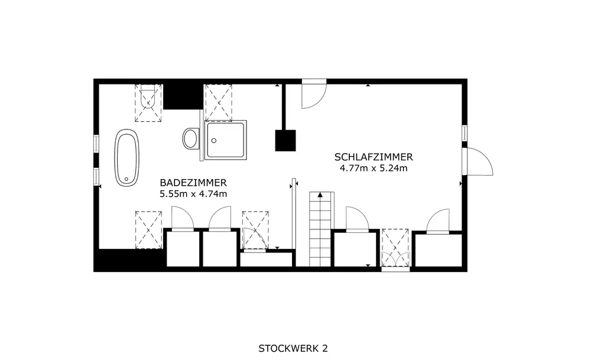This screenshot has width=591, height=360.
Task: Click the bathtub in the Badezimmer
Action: coord(127,158)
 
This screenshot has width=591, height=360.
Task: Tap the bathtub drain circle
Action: coord(126,179)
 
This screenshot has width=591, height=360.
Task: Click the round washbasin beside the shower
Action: coord(191,138)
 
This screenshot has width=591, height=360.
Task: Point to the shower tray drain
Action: coord(214,141)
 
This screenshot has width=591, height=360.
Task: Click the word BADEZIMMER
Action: coord(193,183)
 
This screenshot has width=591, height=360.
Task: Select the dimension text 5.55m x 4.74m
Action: coord(193,194)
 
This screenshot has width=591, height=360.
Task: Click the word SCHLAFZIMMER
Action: coord(374,157)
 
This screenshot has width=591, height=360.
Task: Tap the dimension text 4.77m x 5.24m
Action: coord(374,168)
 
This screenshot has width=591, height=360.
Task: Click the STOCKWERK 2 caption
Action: coord(293,348)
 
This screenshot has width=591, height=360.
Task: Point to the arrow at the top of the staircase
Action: coord(320,195)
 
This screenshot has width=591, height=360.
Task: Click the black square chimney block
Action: coord(285,140)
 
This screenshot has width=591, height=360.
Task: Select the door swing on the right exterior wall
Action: coord(478,161)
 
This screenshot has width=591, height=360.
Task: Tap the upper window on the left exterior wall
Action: coord(96,144)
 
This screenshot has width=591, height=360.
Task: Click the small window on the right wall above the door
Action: coord(465,133)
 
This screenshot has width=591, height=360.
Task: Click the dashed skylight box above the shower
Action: coord(218,102)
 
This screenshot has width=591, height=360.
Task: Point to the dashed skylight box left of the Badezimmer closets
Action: coord(148,230)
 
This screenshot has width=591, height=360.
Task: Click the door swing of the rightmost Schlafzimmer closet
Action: coord(438,221)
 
